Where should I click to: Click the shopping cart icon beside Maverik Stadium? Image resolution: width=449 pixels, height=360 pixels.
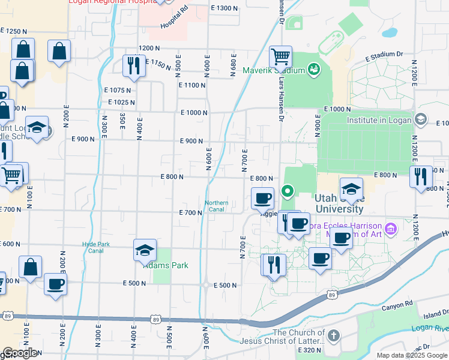click(280, 58)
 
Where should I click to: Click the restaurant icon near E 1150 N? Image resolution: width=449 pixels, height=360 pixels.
click(134, 65)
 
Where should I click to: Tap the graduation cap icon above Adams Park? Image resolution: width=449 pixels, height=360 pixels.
click(145, 250)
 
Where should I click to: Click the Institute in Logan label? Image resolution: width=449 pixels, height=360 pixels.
click(379, 120)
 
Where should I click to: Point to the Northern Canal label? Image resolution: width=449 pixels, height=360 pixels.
click(217, 206)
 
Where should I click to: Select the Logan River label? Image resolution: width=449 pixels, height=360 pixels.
click(430, 328)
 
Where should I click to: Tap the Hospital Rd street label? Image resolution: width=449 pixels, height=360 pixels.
click(174, 18)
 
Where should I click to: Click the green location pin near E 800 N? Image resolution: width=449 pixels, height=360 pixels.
click(288, 192)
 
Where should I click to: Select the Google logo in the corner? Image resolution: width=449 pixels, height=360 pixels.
click(20, 353)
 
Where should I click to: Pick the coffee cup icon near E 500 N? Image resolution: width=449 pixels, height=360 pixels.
click(55, 284)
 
